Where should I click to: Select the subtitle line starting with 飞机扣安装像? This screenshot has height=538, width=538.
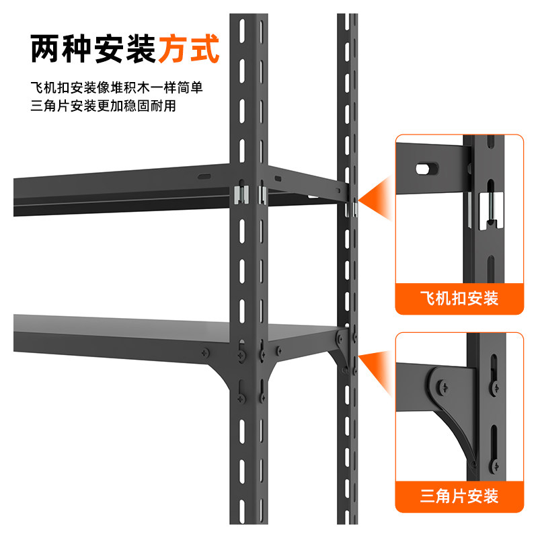click(x=116, y=88)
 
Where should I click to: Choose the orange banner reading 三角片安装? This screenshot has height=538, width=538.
click(x=459, y=496)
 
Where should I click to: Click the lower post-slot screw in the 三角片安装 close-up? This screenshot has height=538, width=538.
click(x=496, y=463)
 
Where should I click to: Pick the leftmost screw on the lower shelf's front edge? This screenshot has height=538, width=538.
click(x=202, y=352)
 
